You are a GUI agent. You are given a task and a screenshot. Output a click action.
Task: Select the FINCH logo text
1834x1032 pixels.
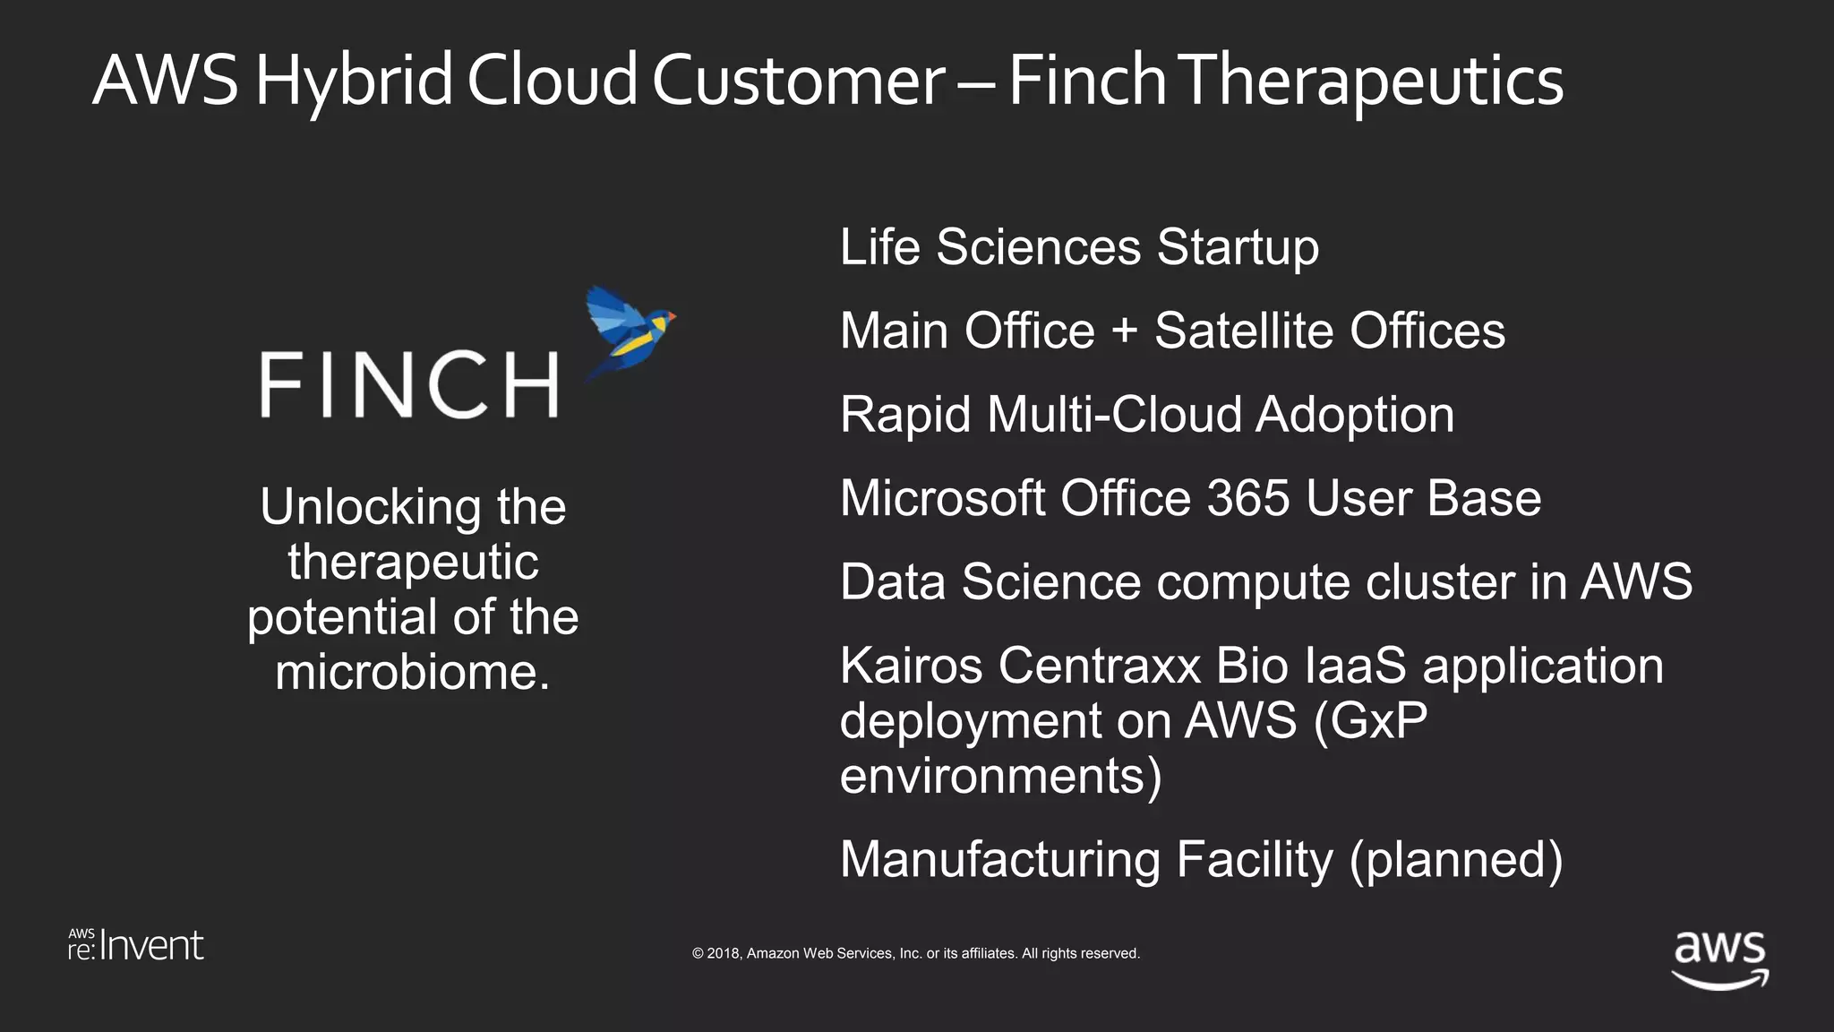click(x=409, y=384)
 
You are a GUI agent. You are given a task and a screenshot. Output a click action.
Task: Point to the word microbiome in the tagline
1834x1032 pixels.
click(x=412, y=672)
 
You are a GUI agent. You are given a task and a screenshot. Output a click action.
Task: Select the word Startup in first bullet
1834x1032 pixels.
click(x=1238, y=247)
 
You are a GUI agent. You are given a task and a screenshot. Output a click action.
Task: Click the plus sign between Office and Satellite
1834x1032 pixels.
click(x=1124, y=331)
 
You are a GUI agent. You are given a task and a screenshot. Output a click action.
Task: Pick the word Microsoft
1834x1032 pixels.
click(x=942, y=498)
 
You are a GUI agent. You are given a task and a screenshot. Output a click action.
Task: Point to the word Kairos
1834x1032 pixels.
click(x=911, y=666)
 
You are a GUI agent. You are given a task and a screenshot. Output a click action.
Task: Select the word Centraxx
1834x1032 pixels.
click(x=1099, y=666)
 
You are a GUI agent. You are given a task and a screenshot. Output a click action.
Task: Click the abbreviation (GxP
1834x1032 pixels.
click(x=1370, y=720)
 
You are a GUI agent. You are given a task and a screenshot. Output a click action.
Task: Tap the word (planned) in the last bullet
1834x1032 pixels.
click(x=1456, y=860)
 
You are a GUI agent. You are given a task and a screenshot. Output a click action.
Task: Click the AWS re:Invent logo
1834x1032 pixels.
click(x=136, y=945)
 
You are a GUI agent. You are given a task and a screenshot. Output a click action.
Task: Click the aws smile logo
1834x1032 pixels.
click(x=1719, y=959)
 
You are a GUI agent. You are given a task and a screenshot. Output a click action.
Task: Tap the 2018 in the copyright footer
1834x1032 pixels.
click(x=723, y=954)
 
